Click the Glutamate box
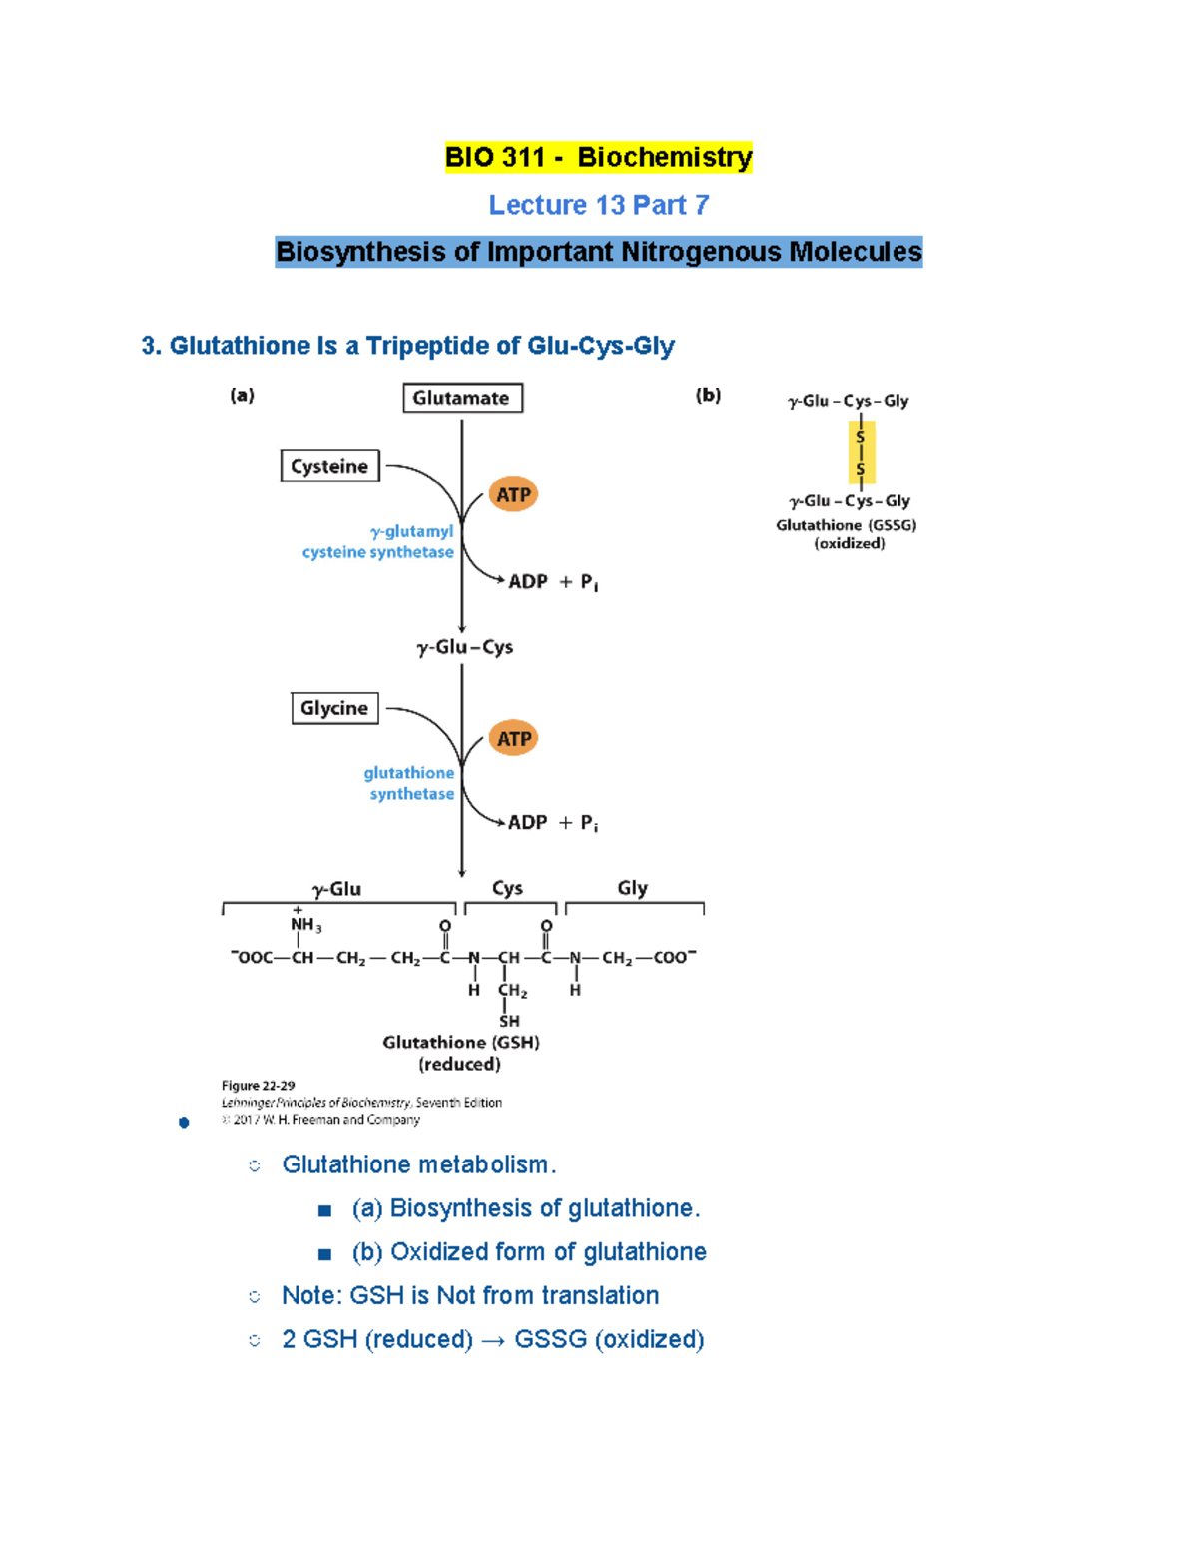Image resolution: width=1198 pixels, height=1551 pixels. (x=461, y=398)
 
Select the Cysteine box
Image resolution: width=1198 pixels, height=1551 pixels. (x=329, y=466)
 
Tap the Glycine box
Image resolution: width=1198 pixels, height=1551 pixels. (x=334, y=708)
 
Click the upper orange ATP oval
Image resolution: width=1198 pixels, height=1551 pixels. (x=513, y=494)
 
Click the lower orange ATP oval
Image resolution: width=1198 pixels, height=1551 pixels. (x=513, y=739)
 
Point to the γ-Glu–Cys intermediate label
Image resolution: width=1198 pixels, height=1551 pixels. (x=465, y=647)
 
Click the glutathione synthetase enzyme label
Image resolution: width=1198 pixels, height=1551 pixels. (x=409, y=783)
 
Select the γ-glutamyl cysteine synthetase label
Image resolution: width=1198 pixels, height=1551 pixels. (x=379, y=542)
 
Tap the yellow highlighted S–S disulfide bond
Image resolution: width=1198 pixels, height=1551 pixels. (x=861, y=452)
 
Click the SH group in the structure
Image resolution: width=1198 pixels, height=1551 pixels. (x=509, y=1021)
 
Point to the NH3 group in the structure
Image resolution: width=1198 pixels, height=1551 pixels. (x=304, y=925)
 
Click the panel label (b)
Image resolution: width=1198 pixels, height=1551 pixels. (x=708, y=395)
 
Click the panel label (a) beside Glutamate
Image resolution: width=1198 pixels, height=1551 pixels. (x=242, y=395)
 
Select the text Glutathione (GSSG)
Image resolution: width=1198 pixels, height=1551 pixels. (x=846, y=525)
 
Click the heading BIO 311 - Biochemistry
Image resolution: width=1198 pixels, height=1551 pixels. (x=598, y=157)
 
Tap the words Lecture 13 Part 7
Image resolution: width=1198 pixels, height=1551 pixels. (x=598, y=205)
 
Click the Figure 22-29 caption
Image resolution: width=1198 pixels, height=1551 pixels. (x=258, y=1086)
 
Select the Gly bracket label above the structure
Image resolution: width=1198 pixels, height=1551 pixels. (x=632, y=888)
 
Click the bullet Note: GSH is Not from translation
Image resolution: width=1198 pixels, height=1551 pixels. (x=469, y=1295)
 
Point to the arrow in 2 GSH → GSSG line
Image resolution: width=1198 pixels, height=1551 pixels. (x=493, y=1340)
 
